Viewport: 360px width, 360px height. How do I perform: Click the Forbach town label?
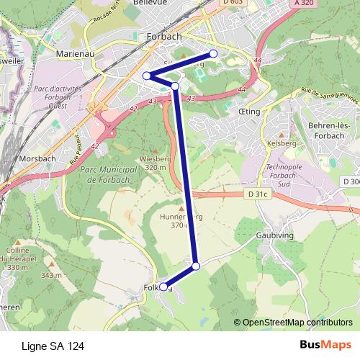(163, 35)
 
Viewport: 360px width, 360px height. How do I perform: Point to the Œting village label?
(249, 112)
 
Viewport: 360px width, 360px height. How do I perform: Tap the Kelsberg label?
(282, 143)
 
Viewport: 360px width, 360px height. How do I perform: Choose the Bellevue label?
(150, 3)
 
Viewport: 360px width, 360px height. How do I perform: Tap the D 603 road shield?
(233, 3)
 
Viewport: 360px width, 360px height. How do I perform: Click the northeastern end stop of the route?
(213, 54)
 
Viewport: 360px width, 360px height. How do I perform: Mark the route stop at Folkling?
(163, 287)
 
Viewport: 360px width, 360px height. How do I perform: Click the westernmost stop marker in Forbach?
(146, 76)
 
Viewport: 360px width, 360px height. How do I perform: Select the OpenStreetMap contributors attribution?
(297, 323)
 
